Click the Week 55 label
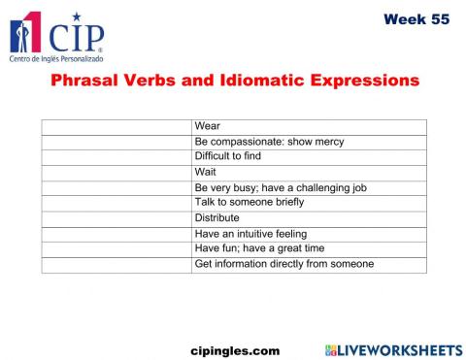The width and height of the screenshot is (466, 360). click(416, 18)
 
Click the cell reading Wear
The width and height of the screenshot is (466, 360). click(208, 126)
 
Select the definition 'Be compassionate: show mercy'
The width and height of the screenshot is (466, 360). click(269, 142)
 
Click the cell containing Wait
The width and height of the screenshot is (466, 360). click(205, 172)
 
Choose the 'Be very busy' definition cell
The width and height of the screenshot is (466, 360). click(280, 187)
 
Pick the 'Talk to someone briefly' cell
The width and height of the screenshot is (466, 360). click(250, 202)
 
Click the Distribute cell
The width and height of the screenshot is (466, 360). click(217, 217)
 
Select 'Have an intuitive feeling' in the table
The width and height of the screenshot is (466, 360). click(250, 233)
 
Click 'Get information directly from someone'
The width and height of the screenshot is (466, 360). click(284, 263)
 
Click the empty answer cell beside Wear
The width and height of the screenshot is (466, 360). click(116, 126)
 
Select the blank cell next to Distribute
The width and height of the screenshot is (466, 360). click(116, 217)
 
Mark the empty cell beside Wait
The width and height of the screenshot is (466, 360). click(116, 172)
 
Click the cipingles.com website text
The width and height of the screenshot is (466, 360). click(234, 350)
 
